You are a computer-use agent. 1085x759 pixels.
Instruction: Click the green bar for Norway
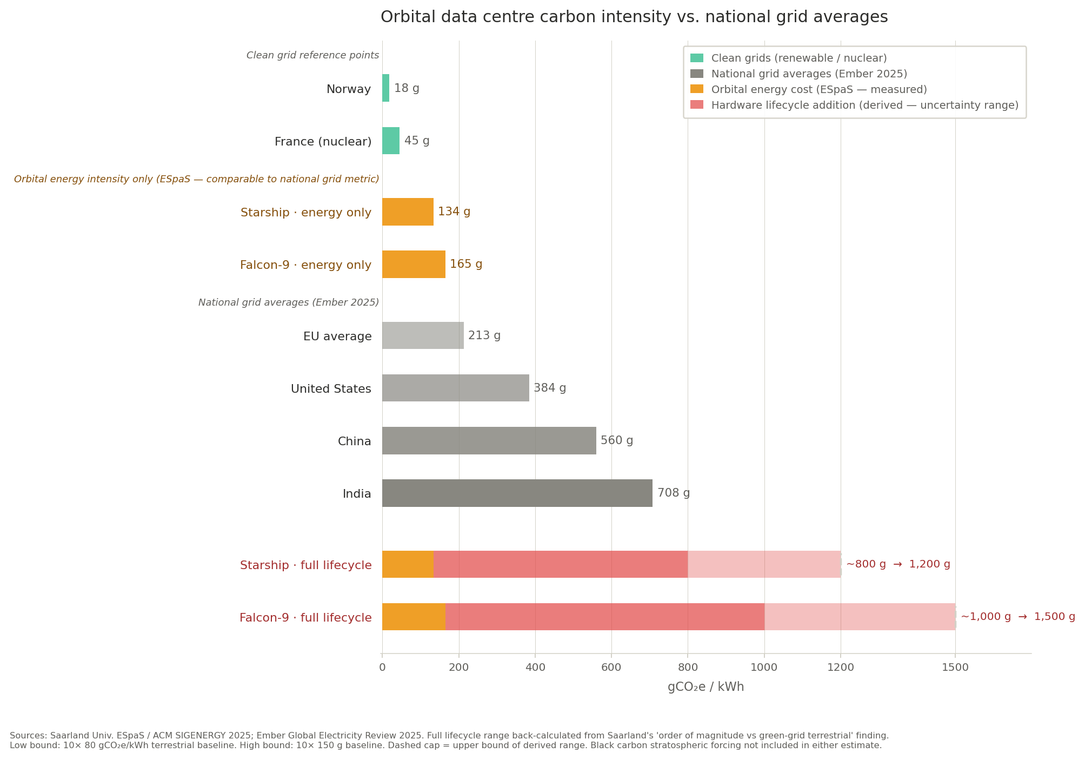(x=385, y=88)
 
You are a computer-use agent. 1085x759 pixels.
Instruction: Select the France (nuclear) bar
(x=391, y=141)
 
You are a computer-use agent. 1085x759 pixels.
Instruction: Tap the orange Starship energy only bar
(x=408, y=212)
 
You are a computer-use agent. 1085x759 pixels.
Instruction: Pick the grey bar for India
(x=517, y=493)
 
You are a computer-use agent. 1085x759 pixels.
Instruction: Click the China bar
(x=489, y=440)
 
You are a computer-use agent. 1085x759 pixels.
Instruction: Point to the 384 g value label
(x=550, y=388)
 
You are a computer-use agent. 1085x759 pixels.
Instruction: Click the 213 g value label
(x=484, y=335)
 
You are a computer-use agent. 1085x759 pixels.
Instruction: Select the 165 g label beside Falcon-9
(x=466, y=264)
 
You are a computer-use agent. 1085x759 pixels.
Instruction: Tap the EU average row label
(x=337, y=336)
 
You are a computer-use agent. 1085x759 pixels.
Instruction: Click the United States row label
(x=331, y=389)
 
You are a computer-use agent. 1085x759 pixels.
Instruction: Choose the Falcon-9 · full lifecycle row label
(x=305, y=617)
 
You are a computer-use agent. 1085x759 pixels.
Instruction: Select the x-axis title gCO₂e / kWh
(x=705, y=687)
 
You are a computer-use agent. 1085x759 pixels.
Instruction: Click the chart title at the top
(x=634, y=17)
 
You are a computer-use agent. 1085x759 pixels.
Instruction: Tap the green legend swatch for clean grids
(x=697, y=58)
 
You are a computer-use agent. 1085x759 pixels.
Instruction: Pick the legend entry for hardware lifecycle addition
(x=864, y=105)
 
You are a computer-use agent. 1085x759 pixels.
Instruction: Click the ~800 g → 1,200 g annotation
(x=898, y=564)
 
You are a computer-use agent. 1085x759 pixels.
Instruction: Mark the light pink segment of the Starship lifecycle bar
(x=764, y=564)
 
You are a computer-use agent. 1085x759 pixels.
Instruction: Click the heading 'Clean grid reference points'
(x=312, y=55)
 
